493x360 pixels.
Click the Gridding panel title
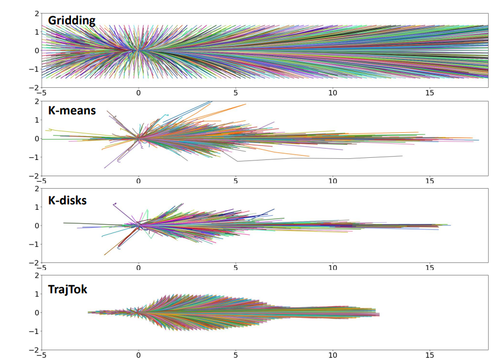72,21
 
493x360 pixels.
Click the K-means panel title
72,111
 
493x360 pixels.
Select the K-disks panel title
67,200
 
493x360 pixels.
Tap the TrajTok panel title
68,290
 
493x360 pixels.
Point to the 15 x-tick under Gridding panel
430,93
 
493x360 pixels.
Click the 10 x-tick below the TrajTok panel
333,356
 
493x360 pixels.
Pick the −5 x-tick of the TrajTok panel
41,356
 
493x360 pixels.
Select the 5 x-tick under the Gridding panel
236,93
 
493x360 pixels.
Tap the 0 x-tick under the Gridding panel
139,93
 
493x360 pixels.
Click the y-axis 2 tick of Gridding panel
36,13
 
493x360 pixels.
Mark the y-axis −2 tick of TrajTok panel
34,350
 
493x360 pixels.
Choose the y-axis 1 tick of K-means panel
36,120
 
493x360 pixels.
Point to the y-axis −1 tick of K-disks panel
34,245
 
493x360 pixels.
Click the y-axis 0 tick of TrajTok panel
36,313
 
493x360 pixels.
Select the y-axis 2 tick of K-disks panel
36,189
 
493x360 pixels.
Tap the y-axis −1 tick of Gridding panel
34,69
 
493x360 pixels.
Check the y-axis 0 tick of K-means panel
36,139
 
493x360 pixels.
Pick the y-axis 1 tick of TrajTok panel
36,294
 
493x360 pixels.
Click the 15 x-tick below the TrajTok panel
430,356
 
